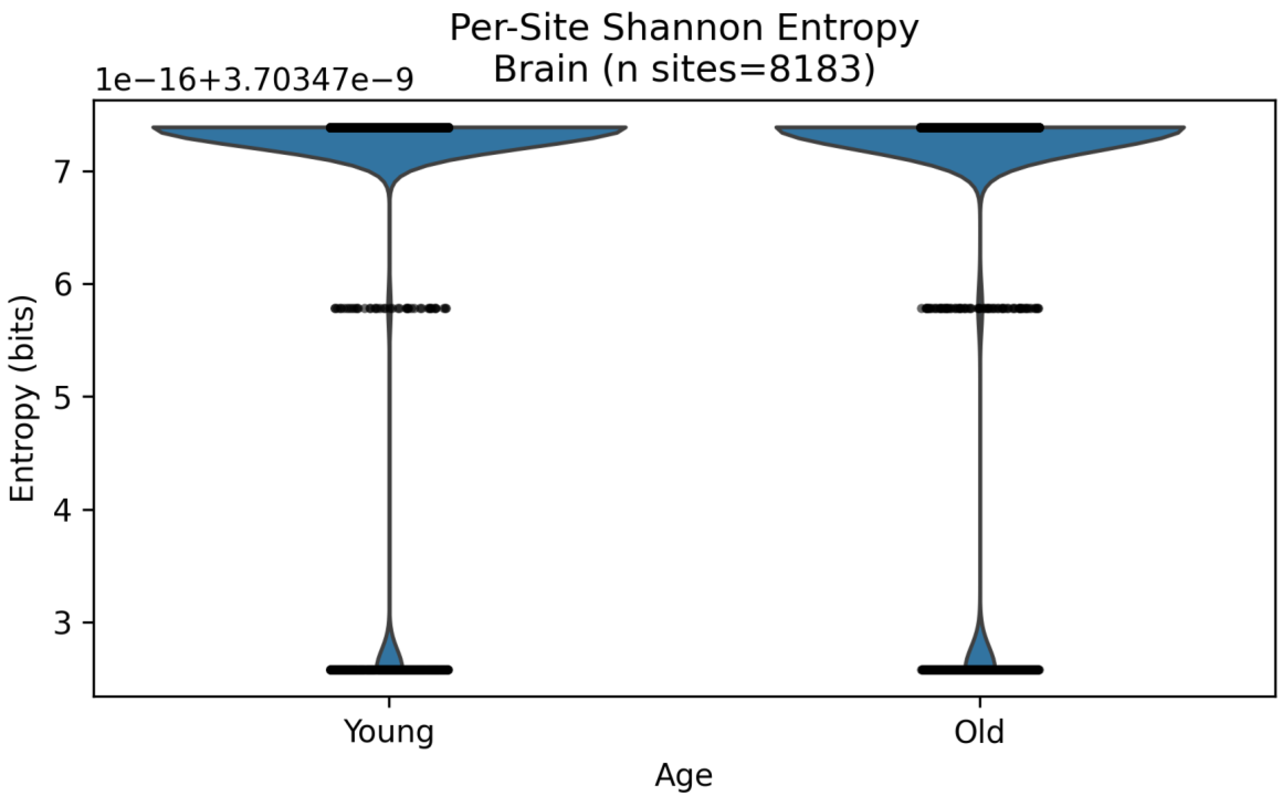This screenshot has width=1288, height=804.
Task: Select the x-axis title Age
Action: point(684,775)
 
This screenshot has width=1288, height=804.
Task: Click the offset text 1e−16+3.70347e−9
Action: point(254,81)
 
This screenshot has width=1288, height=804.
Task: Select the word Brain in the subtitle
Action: point(541,69)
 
